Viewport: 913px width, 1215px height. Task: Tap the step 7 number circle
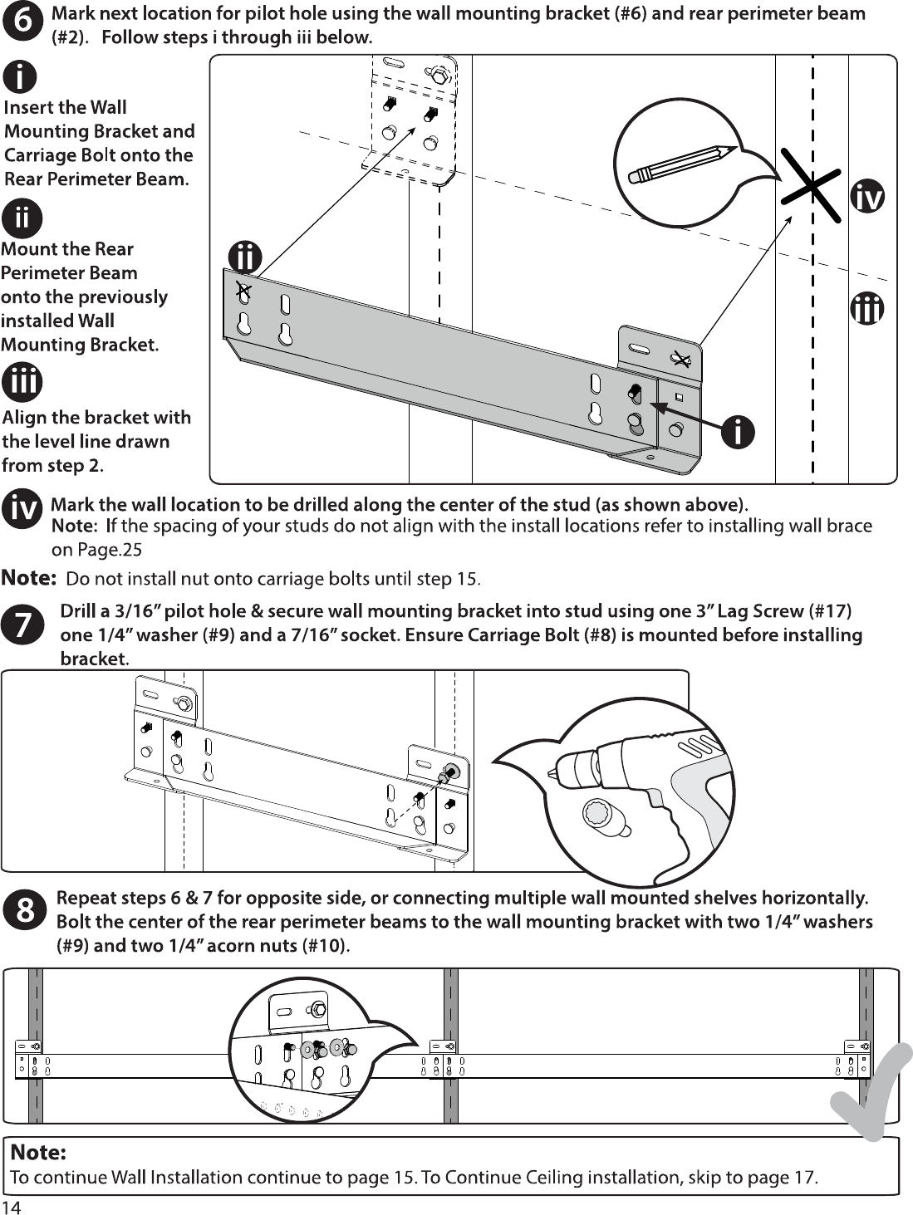click(x=23, y=625)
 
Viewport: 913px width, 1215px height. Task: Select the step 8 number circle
click(x=24, y=910)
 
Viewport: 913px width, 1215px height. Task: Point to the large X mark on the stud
click(x=812, y=186)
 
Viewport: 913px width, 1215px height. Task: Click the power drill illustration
click(x=642, y=785)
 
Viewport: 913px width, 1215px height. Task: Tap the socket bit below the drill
click(x=606, y=816)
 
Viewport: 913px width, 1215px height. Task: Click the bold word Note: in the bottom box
click(x=38, y=1152)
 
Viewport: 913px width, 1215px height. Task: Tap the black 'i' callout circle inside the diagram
click(x=738, y=431)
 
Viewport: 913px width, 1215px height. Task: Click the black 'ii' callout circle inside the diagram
click(x=245, y=257)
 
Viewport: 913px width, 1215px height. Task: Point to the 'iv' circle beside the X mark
click(x=867, y=197)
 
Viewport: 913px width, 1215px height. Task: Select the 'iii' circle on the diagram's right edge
click(x=867, y=308)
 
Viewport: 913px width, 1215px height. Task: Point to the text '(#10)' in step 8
click(x=326, y=945)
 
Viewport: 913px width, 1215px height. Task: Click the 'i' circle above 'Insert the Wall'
click(x=19, y=76)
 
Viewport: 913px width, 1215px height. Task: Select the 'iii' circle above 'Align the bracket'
click(x=22, y=382)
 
